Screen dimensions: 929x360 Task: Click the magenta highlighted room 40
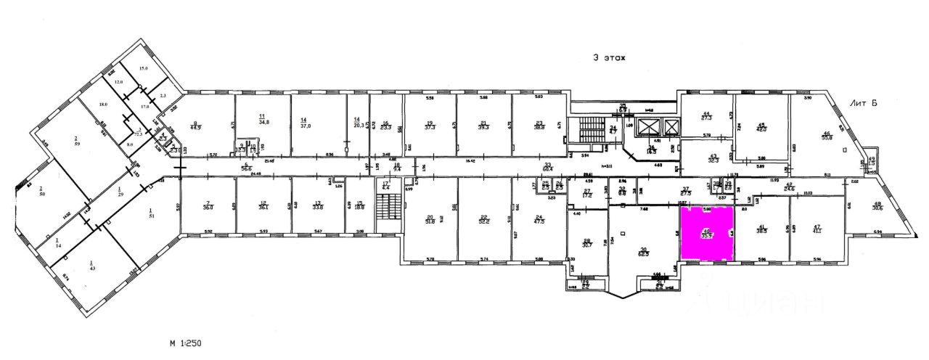pyautogui.click(x=706, y=233)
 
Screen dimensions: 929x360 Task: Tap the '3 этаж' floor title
pyautogui.click(x=608, y=58)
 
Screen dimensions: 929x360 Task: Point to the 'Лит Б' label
pyautogui.click(x=864, y=104)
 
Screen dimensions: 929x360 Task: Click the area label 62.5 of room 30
pyautogui.click(x=643, y=253)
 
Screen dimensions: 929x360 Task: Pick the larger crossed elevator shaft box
pyautogui.click(x=670, y=128)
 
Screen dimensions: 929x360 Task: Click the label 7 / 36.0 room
pyautogui.click(x=208, y=205)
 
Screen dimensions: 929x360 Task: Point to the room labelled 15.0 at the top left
pyautogui.click(x=143, y=68)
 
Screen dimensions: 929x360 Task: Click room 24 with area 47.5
pyautogui.click(x=539, y=220)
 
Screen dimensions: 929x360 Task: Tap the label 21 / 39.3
pyautogui.click(x=483, y=126)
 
